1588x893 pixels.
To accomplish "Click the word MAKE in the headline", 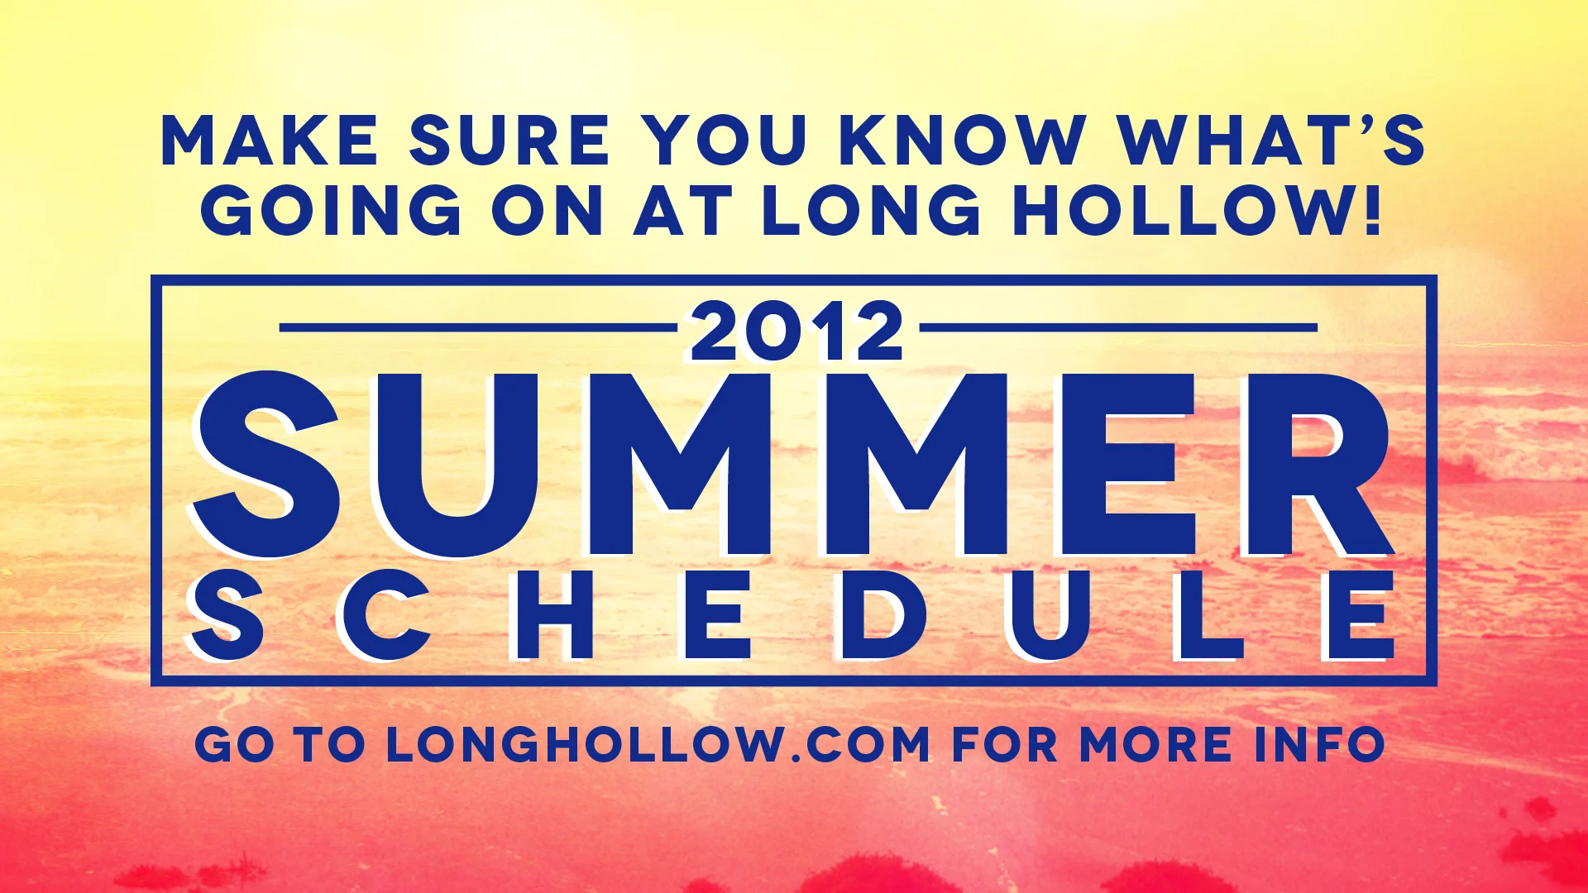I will (270, 141).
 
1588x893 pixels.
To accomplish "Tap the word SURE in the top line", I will (509, 141).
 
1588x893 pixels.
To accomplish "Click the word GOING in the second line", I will (331, 210).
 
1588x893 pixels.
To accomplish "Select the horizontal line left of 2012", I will (478, 328).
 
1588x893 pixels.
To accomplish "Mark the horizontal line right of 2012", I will (1118, 328).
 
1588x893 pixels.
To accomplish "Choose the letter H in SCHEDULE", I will (553, 616).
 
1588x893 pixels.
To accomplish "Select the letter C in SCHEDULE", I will (385, 616).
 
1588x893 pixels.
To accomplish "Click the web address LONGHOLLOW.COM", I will (658, 744).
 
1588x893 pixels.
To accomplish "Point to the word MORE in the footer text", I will (1155, 744).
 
